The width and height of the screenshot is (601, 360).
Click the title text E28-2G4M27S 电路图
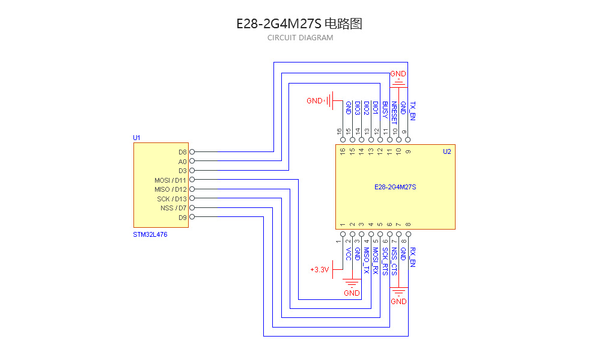(299, 24)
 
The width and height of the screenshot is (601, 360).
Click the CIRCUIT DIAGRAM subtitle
(300, 38)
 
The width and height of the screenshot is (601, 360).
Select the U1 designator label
(136, 138)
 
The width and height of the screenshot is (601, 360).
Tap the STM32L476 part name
(150, 234)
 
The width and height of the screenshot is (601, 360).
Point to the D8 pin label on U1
(183, 152)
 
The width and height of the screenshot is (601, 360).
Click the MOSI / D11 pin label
(171, 180)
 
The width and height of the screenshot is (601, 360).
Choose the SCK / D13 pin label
(172, 199)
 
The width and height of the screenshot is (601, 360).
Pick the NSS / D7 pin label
(174, 208)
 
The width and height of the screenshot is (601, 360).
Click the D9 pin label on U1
(183, 218)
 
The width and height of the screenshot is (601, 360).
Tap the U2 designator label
(447, 151)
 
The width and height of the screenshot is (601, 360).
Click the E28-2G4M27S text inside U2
(395, 188)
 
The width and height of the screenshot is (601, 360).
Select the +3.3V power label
(320, 270)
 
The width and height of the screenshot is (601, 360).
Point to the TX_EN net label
(412, 111)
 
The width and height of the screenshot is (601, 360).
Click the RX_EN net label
(412, 257)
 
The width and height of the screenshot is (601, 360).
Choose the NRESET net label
(394, 112)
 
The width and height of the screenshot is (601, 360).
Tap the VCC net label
(348, 253)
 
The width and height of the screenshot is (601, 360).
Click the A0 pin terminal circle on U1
(192, 161)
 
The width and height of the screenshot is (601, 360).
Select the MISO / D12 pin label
(171, 189)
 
